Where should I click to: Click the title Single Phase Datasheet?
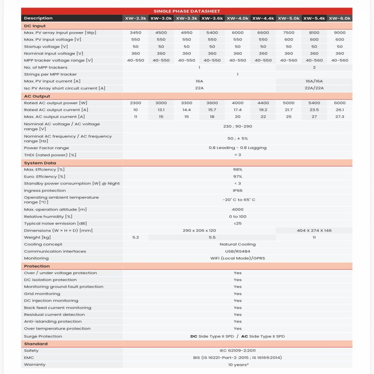187,11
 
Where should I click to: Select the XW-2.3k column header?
135,18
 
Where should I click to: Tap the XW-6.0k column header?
340,18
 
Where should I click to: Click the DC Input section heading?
35,26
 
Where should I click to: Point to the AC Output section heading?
37,96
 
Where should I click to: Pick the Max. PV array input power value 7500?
289,33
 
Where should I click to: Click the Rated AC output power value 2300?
135,103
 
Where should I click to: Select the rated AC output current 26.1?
340,110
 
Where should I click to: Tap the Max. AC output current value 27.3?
340,117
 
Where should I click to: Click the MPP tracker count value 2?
314,67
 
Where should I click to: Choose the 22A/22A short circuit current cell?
314,88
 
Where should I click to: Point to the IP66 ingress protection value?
238,190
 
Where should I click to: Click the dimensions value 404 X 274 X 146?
314,230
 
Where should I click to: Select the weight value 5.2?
135,237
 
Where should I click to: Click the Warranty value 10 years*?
238,365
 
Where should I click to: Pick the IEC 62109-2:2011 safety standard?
238,350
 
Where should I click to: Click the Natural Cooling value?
238,244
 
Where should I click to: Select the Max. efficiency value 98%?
238,169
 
